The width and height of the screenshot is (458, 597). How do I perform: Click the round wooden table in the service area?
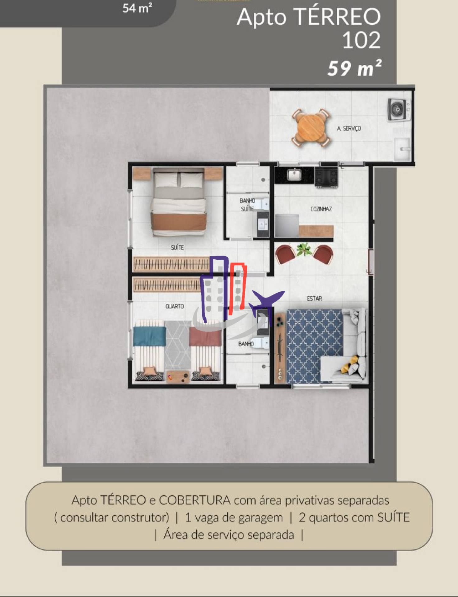click(310, 128)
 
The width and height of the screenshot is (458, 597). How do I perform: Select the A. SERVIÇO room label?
click(349, 128)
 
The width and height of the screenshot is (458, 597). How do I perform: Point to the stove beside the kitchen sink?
click(326, 177)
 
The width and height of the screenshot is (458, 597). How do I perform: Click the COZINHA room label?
click(321, 209)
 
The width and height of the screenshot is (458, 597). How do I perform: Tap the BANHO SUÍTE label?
click(247, 205)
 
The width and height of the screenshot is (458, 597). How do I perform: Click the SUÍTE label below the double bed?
click(177, 248)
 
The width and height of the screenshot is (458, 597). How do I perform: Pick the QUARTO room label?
click(175, 306)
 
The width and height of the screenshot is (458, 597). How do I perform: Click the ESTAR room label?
click(315, 298)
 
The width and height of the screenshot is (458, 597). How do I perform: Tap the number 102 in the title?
click(361, 40)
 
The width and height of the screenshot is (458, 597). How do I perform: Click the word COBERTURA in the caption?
click(195, 500)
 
